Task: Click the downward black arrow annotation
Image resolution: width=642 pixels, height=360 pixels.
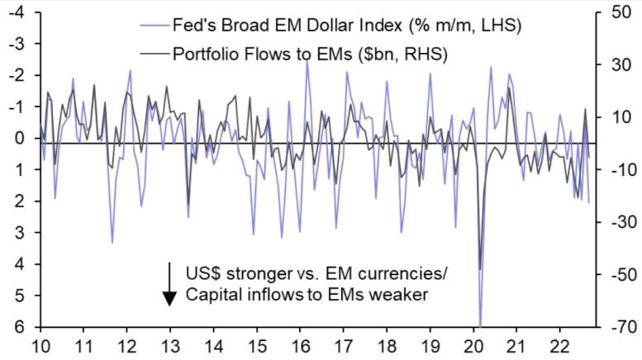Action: [169, 284]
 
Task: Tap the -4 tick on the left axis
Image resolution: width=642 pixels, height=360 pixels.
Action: [16, 12]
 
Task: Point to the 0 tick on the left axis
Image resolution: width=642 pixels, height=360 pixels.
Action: [19, 138]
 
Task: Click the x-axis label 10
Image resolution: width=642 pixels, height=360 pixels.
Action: [38, 348]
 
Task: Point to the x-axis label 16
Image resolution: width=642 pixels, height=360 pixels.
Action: [300, 348]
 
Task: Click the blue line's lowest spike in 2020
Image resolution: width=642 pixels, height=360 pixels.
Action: [480, 325]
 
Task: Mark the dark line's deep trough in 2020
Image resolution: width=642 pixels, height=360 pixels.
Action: [480, 268]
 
